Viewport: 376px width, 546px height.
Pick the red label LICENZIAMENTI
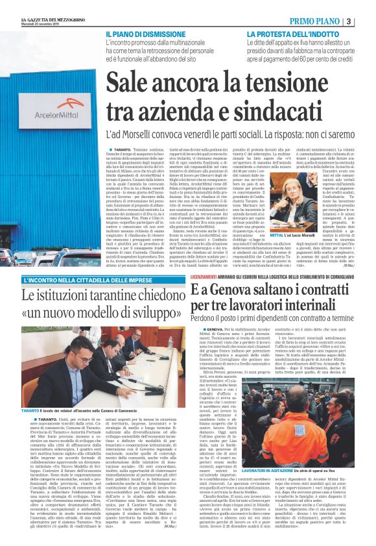pos(211,277)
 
